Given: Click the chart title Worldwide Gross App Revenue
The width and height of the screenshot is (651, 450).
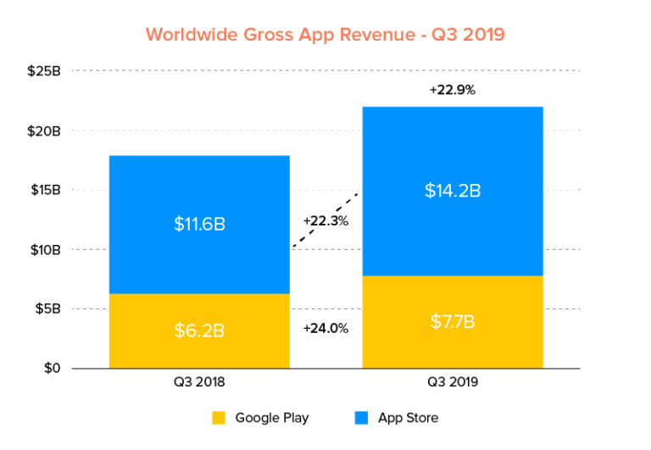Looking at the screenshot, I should pos(325,35).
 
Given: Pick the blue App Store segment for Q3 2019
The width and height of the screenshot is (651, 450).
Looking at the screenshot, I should pos(453,153).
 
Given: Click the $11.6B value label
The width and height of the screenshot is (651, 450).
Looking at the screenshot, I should pos(199,225).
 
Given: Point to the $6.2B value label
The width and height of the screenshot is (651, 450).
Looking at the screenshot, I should pos(199,331).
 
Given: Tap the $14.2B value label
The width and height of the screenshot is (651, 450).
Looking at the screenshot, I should pos(453,191).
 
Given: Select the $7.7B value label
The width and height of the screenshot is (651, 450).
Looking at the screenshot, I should pos(453,322).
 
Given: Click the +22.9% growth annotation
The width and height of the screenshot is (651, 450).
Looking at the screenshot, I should pos(453,89).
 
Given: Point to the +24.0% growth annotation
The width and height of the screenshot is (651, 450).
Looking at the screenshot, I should pos(326,329).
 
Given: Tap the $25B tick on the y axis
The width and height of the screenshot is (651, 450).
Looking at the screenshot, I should pos(44,71).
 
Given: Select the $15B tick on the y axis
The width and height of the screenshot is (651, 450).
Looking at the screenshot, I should pos(44,190).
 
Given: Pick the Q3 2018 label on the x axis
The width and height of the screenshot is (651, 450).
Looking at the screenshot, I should pos(199,382).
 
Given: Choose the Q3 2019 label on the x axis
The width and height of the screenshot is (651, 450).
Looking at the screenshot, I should pos(453,382).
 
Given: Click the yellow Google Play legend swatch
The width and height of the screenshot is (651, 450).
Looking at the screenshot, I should pos(219,418).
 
